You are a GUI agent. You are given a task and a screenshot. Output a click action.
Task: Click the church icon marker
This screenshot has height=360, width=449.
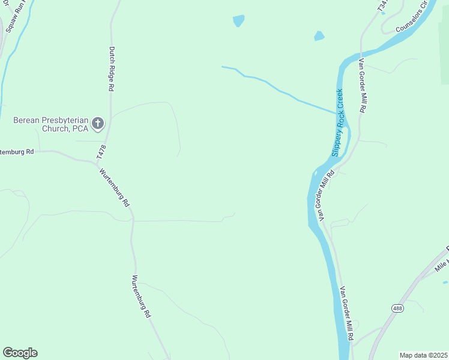(98, 124)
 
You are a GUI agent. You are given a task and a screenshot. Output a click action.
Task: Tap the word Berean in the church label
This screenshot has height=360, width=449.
(28, 120)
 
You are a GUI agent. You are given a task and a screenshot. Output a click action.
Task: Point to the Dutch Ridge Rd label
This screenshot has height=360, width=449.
(112, 68)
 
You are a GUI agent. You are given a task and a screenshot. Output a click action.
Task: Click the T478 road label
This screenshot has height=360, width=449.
(103, 152)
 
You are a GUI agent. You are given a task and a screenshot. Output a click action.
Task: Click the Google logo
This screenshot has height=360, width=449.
(20, 353)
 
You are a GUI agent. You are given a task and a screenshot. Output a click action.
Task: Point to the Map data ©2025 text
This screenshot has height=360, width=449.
(424, 355)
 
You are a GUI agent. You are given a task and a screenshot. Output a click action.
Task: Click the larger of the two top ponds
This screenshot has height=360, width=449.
(238, 21)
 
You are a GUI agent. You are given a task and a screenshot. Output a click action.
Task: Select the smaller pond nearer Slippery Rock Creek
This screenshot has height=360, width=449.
(319, 36)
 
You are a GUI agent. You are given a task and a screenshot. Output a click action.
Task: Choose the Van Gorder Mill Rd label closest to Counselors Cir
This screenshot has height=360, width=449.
(362, 86)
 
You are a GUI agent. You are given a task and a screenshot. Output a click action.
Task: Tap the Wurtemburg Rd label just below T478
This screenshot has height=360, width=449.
(115, 187)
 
